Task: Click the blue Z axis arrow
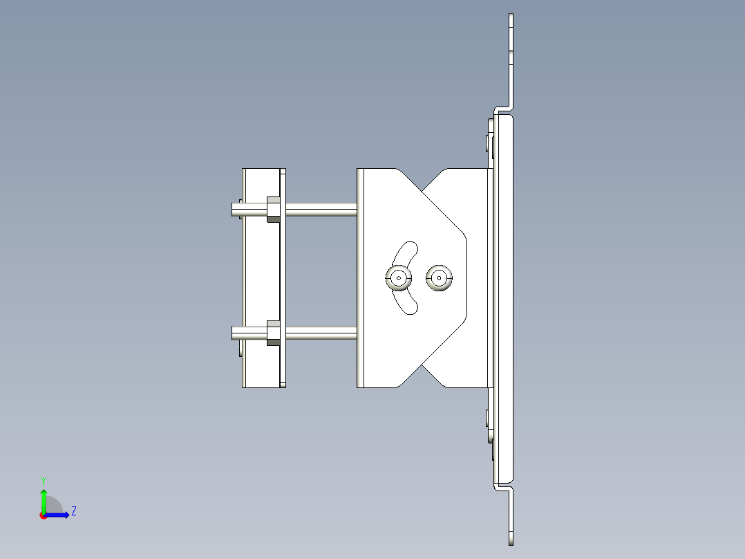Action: coord(60,515)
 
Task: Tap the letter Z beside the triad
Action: coord(73,511)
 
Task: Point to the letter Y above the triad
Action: coord(44,480)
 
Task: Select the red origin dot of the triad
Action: coord(44,515)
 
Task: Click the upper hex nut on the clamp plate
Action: coord(273,209)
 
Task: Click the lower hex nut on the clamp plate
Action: coord(273,333)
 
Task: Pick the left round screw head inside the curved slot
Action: coord(399,278)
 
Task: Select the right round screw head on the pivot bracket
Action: coord(439,278)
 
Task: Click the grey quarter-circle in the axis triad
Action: coord(54,506)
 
